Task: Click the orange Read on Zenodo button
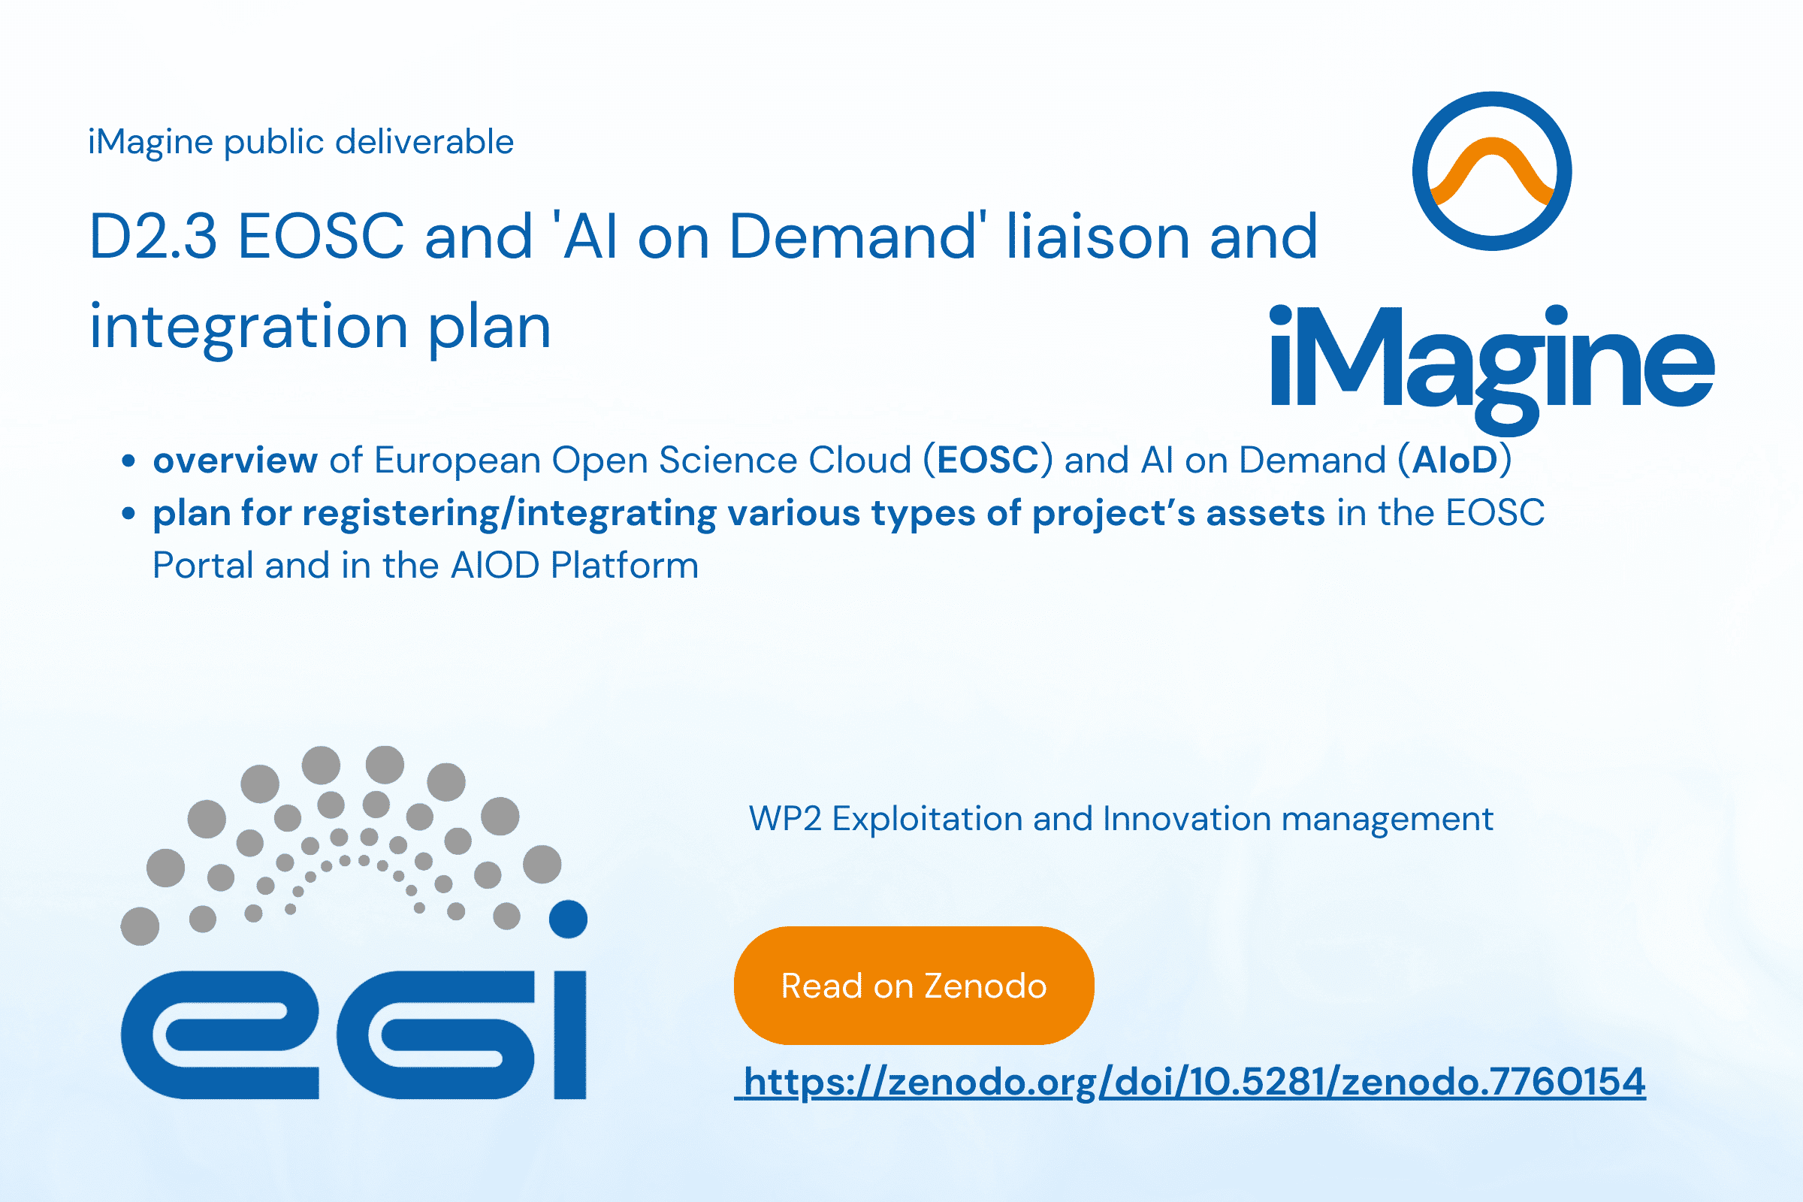(914, 985)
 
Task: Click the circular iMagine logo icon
(1492, 171)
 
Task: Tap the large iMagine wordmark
(1492, 369)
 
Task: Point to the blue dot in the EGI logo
(568, 918)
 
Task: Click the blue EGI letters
(353, 1035)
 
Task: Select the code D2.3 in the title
(153, 236)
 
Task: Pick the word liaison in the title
(1098, 236)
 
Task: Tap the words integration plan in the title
(321, 328)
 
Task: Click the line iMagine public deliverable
(300, 143)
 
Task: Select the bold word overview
(235, 460)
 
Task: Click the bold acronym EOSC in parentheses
(987, 460)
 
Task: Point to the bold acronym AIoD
(1455, 460)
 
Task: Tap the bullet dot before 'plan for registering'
(128, 514)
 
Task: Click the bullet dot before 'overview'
(128, 461)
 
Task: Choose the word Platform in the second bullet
(625, 566)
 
